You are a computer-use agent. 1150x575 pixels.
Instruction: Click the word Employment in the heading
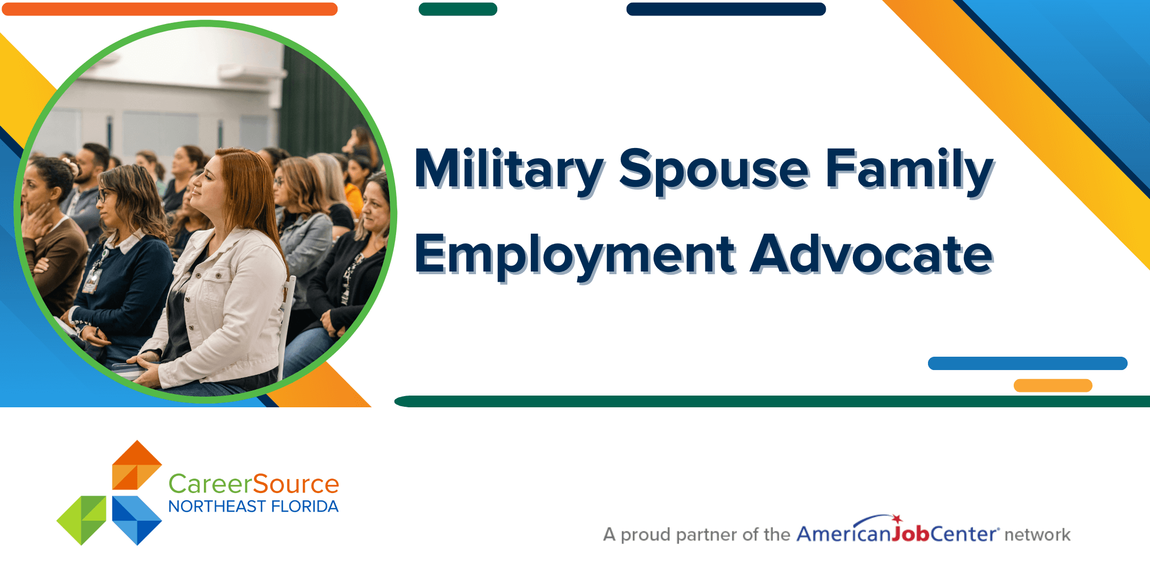coord(575,256)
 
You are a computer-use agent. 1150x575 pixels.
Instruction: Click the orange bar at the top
coord(170,9)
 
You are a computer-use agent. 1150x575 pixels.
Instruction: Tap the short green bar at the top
coord(458,9)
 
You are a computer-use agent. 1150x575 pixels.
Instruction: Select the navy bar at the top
coord(726,9)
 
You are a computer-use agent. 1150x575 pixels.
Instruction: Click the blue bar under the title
coord(1028,363)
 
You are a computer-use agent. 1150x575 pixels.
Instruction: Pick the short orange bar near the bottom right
coord(1053,385)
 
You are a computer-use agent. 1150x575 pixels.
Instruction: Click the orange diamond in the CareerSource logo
coord(137,465)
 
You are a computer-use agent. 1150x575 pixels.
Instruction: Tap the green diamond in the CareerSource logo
coord(81,520)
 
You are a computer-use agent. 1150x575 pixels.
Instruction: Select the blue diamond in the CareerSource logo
coord(137,520)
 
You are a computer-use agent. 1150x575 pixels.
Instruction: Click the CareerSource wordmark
coord(253,484)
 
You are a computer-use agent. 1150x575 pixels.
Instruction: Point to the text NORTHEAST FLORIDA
coord(253,506)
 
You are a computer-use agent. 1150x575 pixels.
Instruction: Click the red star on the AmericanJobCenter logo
coord(897,519)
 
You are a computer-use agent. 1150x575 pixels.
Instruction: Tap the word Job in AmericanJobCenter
coord(911,533)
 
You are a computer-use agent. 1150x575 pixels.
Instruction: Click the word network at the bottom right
coord(1037,535)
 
